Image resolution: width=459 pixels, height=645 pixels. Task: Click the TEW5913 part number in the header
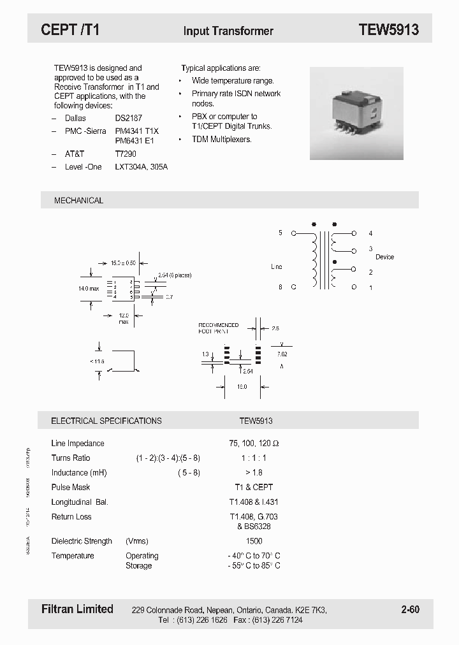(x=388, y=30)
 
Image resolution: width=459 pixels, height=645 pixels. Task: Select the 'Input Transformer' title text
(x=228, y=31)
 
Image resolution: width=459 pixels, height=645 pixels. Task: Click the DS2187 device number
(x=129, y=119)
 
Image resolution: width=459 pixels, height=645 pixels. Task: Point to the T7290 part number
(x=126, y=154)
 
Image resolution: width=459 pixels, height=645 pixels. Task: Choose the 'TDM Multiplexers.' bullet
(x=222, y=139)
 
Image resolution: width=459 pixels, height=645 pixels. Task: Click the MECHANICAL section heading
(x=78, y=200)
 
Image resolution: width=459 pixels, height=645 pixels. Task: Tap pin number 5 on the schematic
(x=280, y=233)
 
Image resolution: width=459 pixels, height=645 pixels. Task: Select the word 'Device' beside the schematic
(x=384, y=257)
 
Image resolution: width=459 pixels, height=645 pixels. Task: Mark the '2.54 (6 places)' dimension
(x=174, y=275)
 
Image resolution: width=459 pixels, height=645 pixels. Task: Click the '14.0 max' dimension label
(x=89, y=289)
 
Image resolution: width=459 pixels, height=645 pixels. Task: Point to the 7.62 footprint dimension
(x=282, y=353)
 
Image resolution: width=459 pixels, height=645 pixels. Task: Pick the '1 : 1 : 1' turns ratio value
(x=254, y=458)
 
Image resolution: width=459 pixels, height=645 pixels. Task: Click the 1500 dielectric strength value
(x=254, y=541)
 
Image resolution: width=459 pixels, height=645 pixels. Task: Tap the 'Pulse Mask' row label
(x=70, y=488)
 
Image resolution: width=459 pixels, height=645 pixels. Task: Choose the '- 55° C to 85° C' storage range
(x=254, y=565)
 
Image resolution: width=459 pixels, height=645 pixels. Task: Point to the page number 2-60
(x=410, y=610)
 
